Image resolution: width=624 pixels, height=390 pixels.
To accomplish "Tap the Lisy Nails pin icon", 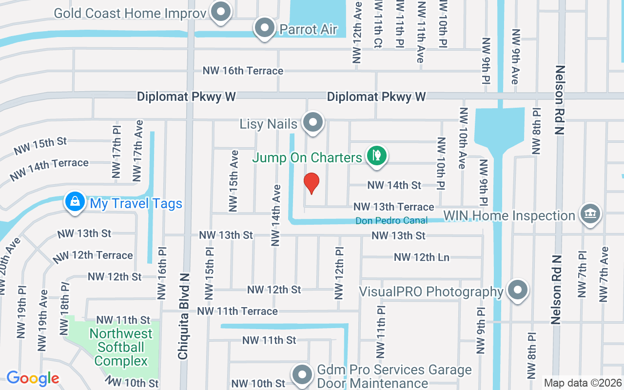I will pos(313,123).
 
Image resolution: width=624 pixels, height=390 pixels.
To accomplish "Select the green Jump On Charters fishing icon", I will pos(376,156).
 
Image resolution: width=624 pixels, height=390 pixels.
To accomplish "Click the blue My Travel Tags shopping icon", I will pos(75,202).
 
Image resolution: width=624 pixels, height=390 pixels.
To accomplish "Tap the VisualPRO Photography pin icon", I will pos(517,291).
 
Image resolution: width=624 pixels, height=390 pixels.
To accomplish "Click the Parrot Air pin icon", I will pos(265,28).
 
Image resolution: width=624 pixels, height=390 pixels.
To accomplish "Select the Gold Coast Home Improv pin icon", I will pos(221,12).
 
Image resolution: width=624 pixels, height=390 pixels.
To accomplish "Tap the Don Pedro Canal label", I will pos(391,220).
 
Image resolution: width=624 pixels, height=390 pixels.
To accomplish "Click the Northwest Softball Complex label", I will pos(121,347).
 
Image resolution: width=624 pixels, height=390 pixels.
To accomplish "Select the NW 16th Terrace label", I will pos(243,71).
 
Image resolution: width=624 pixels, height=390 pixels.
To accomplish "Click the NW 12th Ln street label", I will pos(422,257).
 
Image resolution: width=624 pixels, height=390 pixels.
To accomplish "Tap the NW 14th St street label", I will pos(394,185).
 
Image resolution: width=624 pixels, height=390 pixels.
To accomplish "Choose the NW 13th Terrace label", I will pos(394,207).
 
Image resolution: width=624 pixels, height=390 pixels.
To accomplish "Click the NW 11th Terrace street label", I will pos(237,311).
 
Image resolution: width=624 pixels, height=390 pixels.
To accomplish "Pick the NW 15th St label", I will pos(40,146).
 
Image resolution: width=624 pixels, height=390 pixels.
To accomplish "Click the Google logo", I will pos(33,378).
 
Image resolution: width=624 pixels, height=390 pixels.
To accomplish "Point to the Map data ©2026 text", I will pos(583,383).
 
